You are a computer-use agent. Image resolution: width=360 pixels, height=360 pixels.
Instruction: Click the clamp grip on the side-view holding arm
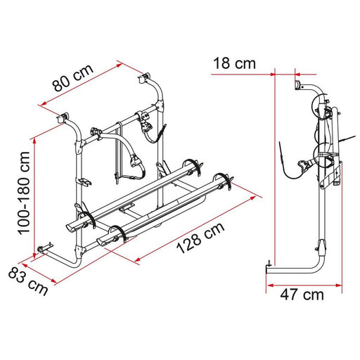[304, 167]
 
